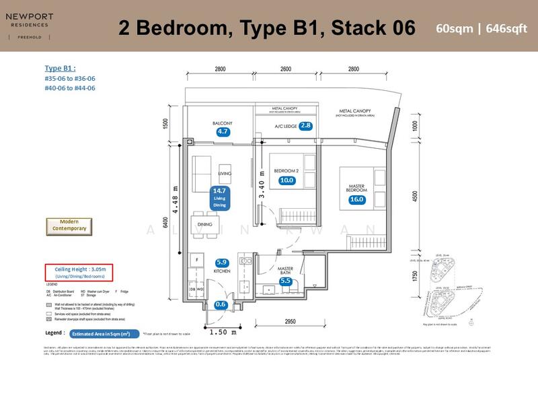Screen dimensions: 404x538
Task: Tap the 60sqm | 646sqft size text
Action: click(479, 28)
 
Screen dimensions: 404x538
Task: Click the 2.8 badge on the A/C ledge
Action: click(306, 126)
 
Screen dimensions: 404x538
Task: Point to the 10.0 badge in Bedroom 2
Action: click(287, 180)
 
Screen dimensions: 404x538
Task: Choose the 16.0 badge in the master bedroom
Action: click(356, 199)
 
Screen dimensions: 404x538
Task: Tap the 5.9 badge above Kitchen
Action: click(222, 263)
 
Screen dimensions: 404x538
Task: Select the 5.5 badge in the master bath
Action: click(285, 281)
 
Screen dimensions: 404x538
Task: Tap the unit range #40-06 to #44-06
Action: click(70, 88)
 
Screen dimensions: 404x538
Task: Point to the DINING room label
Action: click(205, 224)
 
